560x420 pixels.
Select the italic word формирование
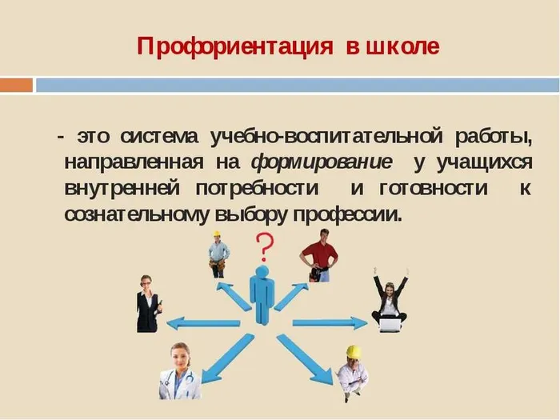(322, 162)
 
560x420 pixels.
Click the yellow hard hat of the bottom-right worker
(353, 352)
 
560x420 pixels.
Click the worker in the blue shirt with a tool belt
(218, 254)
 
